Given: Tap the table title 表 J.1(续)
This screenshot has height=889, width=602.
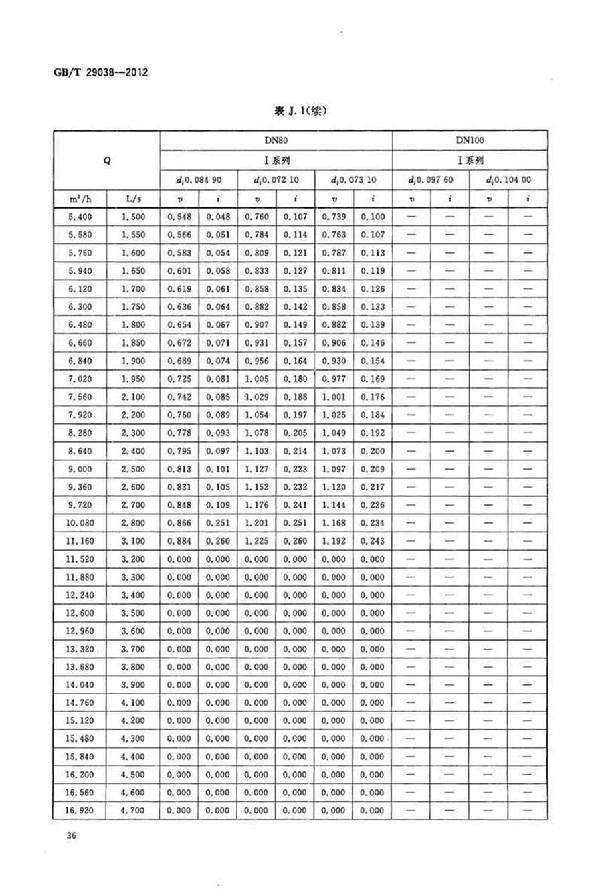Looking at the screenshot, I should tap(300, 111).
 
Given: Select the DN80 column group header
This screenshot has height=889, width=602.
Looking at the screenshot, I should tap(276, 140).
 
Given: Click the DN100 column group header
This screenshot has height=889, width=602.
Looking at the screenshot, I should tap(470, 140).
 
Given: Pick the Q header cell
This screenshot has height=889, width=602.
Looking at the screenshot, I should tap(107, 161).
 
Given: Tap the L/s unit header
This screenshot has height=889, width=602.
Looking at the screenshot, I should tap(133, 199).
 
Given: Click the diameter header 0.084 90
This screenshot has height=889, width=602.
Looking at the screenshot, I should tap(199, 180).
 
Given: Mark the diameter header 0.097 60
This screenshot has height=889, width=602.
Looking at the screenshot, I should tap(431, 180).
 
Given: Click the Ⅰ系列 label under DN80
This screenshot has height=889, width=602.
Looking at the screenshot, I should tap(276, 161).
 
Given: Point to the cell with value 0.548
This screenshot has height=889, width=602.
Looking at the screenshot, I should tap(179, 217).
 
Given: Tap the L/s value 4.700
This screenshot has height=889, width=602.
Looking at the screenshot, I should tap(133, 811).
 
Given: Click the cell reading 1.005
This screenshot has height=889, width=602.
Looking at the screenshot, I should tap(257, 379).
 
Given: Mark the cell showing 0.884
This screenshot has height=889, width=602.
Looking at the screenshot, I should tap(179, 541).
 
